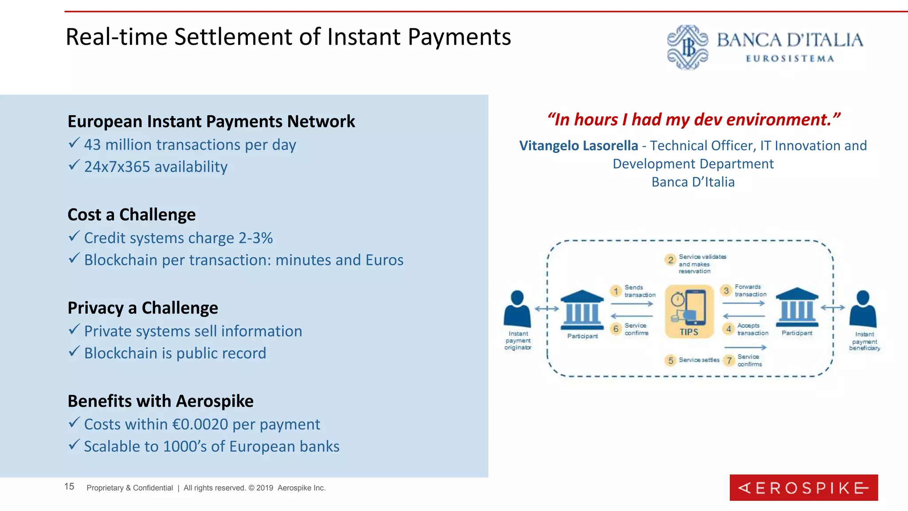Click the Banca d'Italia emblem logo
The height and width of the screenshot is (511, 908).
tap(688, 47)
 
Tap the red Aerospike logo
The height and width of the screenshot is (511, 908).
tap(803, 487)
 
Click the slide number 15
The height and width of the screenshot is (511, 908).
tap(69, 487)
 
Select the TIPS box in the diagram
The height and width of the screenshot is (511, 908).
tap(689, 312)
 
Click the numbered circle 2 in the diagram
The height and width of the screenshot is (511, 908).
tap(670, 260)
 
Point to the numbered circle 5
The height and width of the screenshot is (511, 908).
tap(670, 360)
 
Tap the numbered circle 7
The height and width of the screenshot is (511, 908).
tap(729, 360)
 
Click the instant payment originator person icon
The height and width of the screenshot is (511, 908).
tap(517, 309)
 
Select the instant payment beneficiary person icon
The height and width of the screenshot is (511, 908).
tap(863, 309)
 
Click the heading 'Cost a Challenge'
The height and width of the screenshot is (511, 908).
tap(132, 215)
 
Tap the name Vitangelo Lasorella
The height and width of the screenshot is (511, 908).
tap(579, 145)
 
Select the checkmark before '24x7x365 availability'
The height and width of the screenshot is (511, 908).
tap(74, 165)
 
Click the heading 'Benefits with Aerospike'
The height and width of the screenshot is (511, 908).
tap(160, 401)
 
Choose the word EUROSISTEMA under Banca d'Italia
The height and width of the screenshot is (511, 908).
tap(790, 59)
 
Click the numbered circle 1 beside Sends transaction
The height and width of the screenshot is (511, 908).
tap(616, 291)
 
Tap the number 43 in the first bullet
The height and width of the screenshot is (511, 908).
tap(92, 145)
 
